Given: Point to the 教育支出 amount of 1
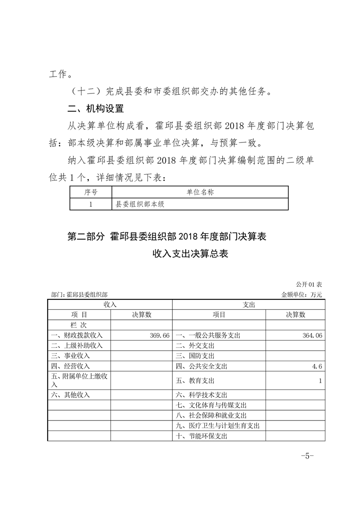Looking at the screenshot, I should [x=321, y=381].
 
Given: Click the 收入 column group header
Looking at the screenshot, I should [x=110, y=305].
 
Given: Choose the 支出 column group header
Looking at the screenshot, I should [x=249, y=305].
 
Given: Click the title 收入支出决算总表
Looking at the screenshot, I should [x=190, y=254].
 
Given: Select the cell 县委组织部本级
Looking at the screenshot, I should [x=139, y=204].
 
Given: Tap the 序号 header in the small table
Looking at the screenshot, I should [x=91, y=192].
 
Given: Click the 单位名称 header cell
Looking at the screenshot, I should [x=200, y=192].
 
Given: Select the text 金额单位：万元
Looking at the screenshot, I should [x=301, y=294].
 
